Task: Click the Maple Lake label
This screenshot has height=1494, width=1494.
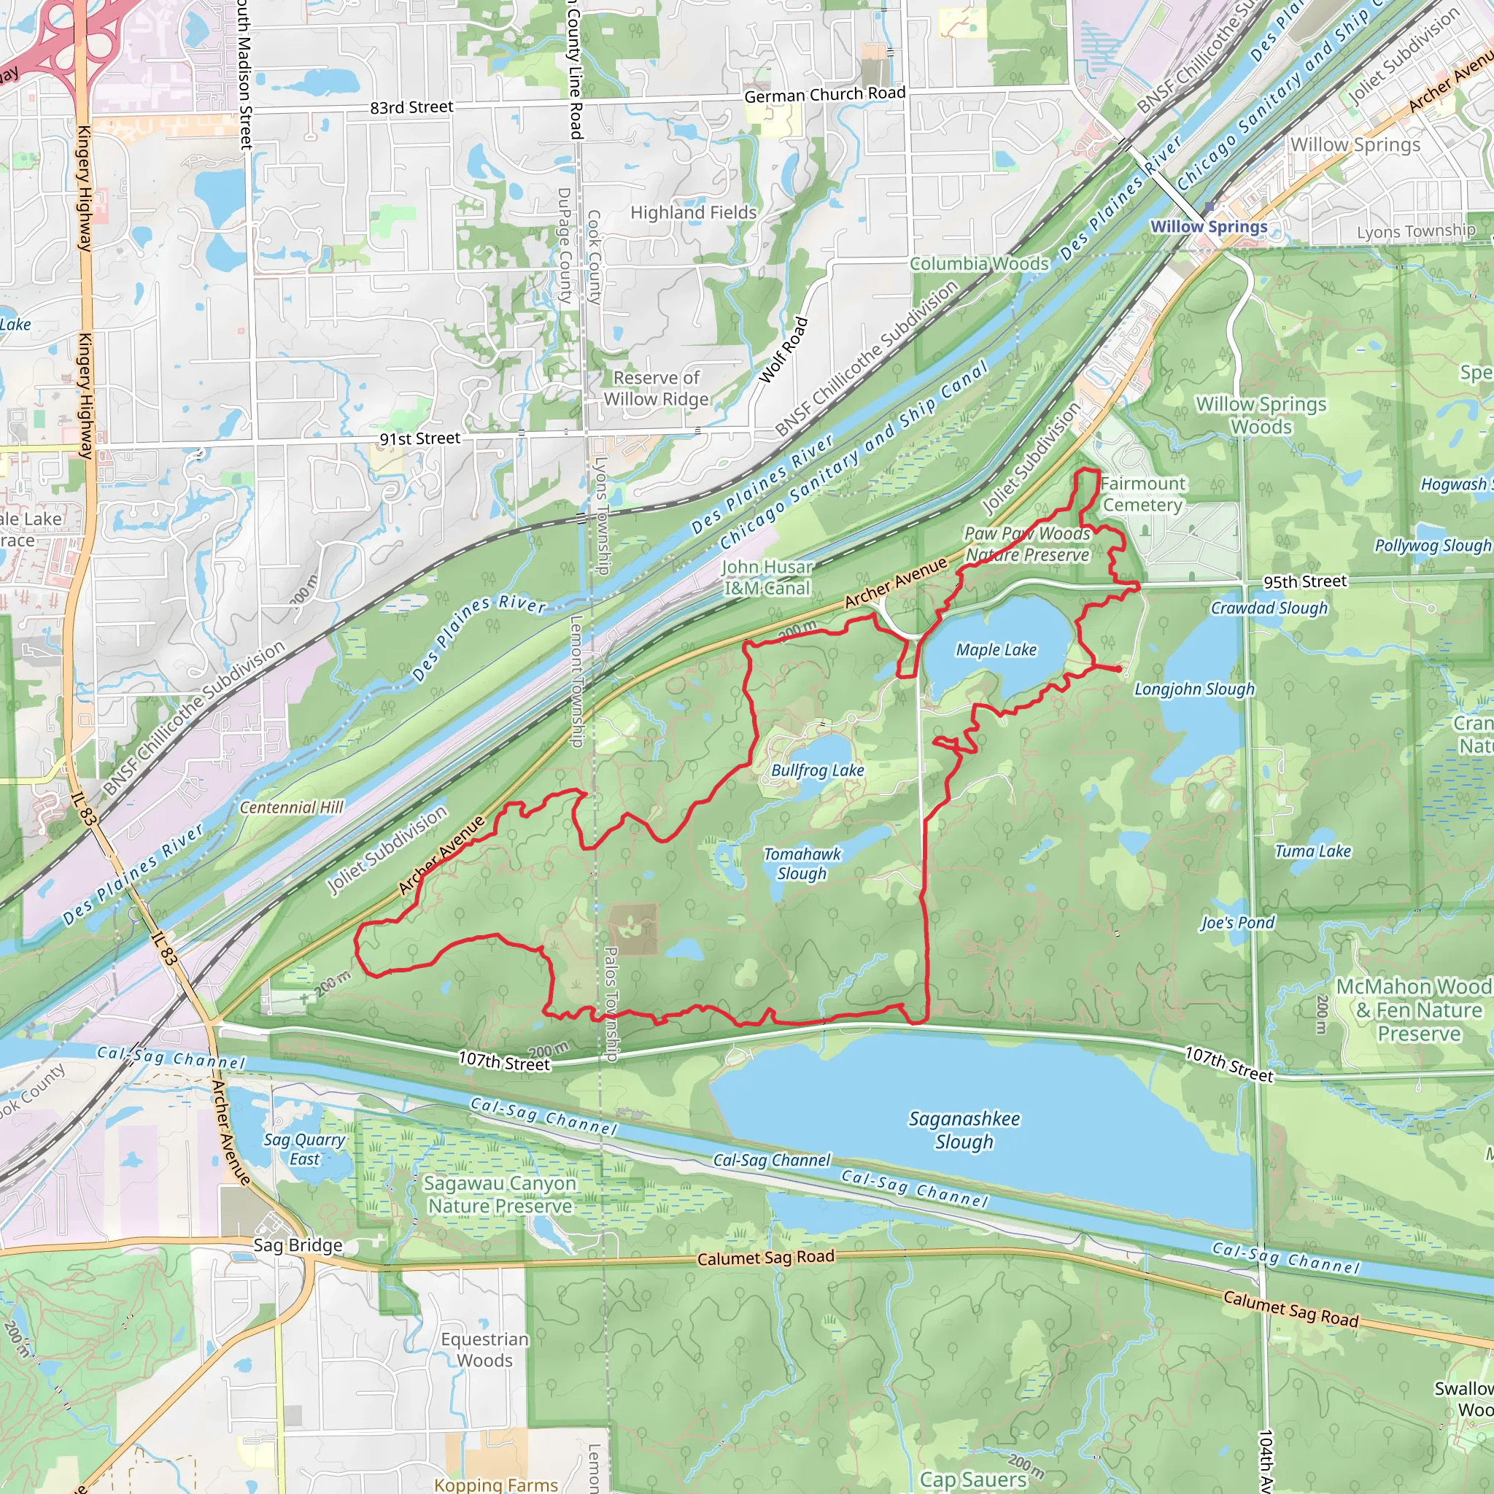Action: pos(996,649)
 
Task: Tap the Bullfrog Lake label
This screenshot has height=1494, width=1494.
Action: pos(817,770)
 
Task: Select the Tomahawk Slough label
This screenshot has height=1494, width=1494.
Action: pos(802,863)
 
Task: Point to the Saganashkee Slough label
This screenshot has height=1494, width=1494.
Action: pos(964,1130)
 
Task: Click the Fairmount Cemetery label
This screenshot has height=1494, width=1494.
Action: pos(1142,494)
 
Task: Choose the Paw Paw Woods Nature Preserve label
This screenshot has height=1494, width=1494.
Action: pos(1027,544)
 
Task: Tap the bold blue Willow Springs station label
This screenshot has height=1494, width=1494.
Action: pos(1209,227)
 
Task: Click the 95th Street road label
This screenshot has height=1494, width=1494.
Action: pos(1304,581)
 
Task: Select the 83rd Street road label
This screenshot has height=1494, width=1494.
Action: pos(411,107)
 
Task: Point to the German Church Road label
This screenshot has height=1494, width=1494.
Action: pos(824,94)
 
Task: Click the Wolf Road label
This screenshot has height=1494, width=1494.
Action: pos(783,350)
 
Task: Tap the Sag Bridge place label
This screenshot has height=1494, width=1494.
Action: pos(298,1245)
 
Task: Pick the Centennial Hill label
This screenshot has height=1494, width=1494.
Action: pos(292,808)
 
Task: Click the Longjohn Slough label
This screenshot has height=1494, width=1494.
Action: pos(1194,689)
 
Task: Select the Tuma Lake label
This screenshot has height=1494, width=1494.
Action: pos(1312,851)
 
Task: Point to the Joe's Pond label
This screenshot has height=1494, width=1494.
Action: pos(1237,923)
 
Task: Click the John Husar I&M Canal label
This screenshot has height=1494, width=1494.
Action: pos(767,578)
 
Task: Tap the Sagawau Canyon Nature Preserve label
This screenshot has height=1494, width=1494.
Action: pos(500,1195)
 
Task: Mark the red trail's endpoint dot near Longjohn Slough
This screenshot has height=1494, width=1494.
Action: pos(1118,669)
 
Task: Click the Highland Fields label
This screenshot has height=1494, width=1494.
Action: pos(693,213)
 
